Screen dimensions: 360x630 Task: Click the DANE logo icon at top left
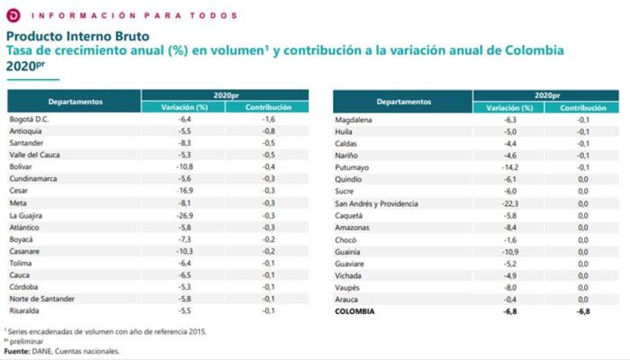(12, 15)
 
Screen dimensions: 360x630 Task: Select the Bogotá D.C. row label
(29, 119)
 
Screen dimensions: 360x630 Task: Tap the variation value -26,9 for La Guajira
(184, 215)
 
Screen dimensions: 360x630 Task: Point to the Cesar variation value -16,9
(184, 191)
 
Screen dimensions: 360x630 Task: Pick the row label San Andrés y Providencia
(376, 204)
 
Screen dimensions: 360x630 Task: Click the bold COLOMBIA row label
(355, 312)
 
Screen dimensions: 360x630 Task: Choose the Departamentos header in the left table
(76, 101)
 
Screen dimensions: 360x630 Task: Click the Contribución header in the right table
(583, 108)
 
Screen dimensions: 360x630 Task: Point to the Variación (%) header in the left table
(184, 108)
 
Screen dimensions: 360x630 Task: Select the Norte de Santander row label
(42, 300)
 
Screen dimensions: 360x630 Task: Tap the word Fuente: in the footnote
(17, 352)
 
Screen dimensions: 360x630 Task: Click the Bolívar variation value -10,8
(184, 167)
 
